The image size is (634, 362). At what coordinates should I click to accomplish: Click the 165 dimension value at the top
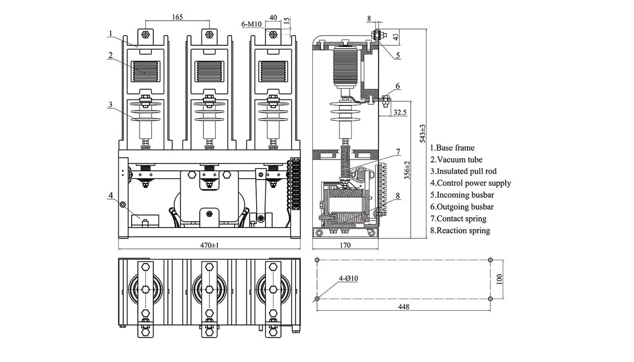[x=178, y=17]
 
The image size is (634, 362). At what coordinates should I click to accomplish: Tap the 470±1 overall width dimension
[x=209, y=245]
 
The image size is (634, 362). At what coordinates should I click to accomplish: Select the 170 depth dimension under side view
[x=345, y=245]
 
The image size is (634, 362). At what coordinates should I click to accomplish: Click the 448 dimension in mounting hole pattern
[x=403, y=307]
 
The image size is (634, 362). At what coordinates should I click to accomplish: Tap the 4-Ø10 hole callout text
[x=348, y=279]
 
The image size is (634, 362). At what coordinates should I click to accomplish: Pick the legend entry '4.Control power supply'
[x=471, y=183]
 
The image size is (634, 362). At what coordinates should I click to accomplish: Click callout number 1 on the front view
[x=110, y=33]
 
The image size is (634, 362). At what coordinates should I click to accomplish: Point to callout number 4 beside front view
[x=110, y=195]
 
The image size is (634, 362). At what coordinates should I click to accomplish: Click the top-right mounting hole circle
[x=491, y=260]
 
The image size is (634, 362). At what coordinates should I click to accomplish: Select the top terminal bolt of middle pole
[x=209, y=35]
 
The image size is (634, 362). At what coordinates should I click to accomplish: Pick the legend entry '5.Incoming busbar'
[x=462, y=195]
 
